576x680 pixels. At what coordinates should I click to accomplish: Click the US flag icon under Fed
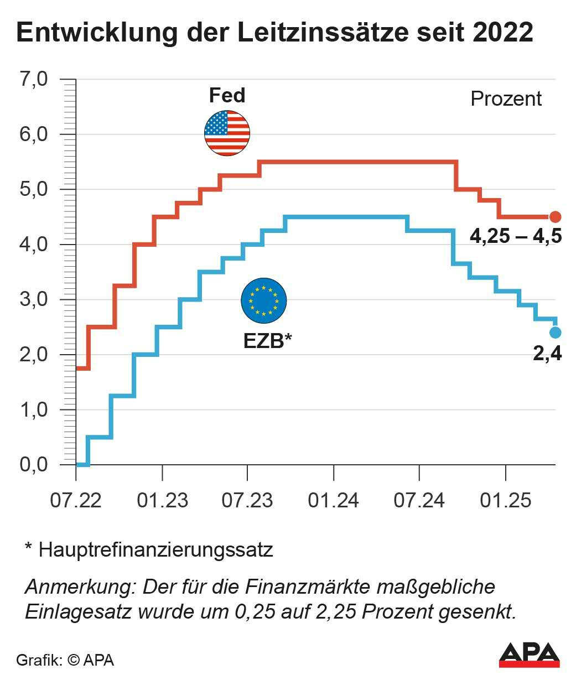(x=227, y=133)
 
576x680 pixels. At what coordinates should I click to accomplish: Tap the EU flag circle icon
(x=263, y=301)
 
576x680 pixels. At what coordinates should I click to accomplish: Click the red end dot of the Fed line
(x=556, y=217)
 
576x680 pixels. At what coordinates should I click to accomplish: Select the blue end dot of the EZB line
(x=556, y=332)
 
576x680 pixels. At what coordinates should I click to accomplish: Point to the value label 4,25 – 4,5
(x=516, y=237)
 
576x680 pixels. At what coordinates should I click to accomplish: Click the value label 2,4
(x=547, y=353)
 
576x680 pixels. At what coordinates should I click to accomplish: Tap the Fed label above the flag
(x=227, y=96)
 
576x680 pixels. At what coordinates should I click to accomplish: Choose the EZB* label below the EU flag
(x=267, y=341)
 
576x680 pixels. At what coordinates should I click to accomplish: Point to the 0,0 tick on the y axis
(x=34, y=465)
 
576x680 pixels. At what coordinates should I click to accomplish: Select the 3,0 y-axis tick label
(x=34, y=299)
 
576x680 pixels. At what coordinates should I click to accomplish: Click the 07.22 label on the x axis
(x=76, y=500)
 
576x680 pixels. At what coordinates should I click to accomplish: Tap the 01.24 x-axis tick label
(x=334, y=500)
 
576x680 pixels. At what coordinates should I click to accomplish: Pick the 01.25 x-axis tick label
(x=506, y=500)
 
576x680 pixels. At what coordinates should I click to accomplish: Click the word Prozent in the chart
(x=506, y=99)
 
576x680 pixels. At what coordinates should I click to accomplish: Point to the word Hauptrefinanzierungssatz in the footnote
(x=156, y=550)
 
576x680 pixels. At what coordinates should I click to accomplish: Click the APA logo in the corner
(x=529, y=655)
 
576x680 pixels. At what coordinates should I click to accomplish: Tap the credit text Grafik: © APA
(x=65, y=660)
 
